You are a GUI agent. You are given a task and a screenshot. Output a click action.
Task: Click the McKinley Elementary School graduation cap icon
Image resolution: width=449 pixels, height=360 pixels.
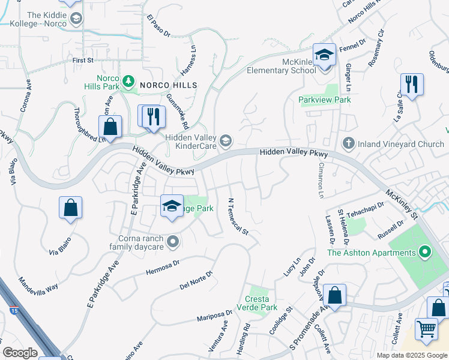coord(325,55)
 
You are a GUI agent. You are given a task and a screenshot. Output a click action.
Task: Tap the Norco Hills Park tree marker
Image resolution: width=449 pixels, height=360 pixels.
coord(127,81)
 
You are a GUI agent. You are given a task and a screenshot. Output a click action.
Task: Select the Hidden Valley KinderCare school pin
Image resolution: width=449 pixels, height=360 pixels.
coord(226,141)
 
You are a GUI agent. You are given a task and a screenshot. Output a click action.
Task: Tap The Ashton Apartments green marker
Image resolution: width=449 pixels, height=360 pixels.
coord(426,252)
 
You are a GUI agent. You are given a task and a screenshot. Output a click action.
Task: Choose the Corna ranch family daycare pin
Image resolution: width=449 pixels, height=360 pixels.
coord(173,242)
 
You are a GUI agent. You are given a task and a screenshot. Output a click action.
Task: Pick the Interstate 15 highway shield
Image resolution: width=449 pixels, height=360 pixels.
coord(14,310)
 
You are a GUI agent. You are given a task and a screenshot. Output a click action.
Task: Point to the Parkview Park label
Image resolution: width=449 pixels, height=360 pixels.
coord(325,100)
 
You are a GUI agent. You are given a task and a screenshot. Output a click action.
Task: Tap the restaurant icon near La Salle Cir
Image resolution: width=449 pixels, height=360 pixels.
coord(412,85)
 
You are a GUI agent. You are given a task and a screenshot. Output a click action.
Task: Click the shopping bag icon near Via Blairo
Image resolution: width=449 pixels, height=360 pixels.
coord(70,208)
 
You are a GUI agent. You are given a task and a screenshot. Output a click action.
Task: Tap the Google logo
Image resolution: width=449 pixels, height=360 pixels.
coord(20,353)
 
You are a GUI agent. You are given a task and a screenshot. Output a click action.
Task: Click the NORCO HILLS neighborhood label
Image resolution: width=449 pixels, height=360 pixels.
coord(168,86)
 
